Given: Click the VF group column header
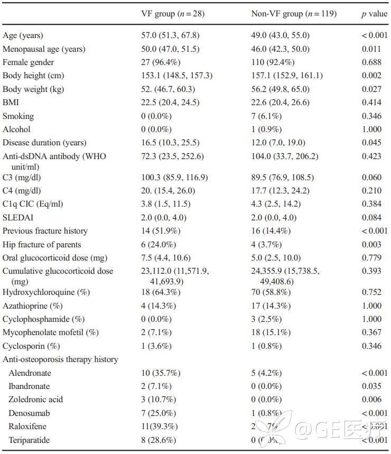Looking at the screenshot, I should coord(170,14).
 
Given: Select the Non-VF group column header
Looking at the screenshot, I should coord(293,14).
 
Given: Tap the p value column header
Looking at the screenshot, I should coord(374,14).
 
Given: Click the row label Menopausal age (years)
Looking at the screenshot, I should coord(44,49).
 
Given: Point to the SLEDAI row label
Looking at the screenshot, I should coord(18,217).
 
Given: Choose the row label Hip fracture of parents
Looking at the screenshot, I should coord(42,244).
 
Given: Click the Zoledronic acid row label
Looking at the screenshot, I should coord(34,399).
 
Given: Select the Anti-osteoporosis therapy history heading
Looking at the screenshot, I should coord(60,359).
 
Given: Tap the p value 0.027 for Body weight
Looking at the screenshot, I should coord(371,89).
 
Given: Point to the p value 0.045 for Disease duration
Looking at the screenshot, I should coord(371,143).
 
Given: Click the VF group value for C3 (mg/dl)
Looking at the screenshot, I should coord(170,177).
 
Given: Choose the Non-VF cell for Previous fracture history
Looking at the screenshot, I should coord(271,231).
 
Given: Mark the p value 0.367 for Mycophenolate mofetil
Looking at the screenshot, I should coord(371,332).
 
